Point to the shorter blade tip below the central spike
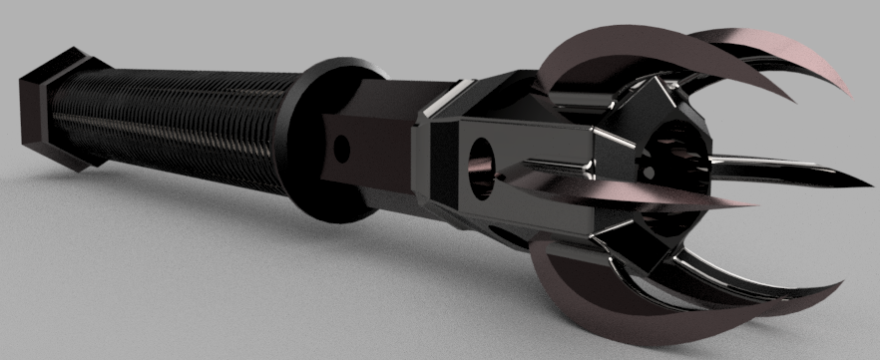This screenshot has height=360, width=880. coord(758,205)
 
